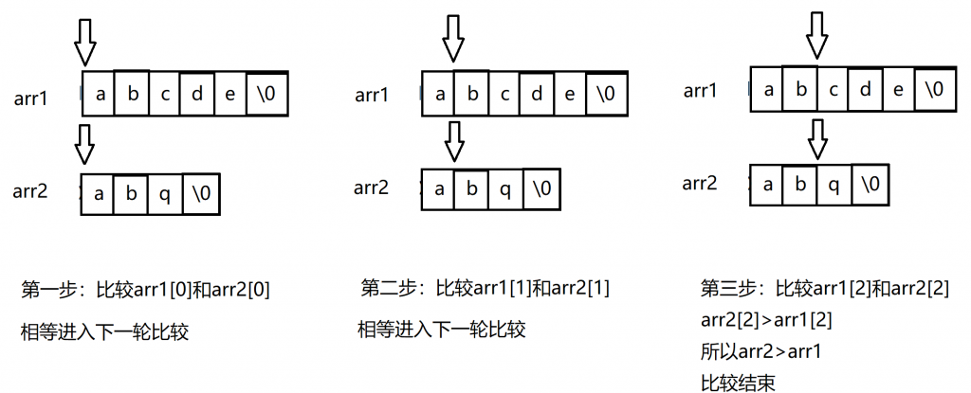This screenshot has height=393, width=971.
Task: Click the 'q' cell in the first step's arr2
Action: (165, 194)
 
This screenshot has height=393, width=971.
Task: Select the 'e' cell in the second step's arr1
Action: (570, 94)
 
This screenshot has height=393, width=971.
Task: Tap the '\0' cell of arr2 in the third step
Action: (870, 185)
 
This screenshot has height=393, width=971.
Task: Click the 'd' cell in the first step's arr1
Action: (197, 94)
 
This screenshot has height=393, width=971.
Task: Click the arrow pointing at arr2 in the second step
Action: (455, 141)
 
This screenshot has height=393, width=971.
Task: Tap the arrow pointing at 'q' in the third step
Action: (819, 139)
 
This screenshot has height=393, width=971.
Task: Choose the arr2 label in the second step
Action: (372, 188)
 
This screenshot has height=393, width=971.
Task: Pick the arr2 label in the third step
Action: (700, 183)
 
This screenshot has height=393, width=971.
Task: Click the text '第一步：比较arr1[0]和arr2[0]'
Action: (146, 289)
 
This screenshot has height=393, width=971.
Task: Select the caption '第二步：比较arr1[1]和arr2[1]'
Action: (485, 288)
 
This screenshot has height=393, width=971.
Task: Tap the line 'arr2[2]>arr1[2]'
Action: (766, 321)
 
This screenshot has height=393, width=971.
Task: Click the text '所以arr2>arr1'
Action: (761, 352)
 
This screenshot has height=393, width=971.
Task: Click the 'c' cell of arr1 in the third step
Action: (834, 89)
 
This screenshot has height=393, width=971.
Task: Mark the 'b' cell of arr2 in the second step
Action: (472, 188)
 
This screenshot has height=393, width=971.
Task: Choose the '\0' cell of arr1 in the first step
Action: (267, 94)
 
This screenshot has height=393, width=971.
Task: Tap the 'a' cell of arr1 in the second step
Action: (438, 94)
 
